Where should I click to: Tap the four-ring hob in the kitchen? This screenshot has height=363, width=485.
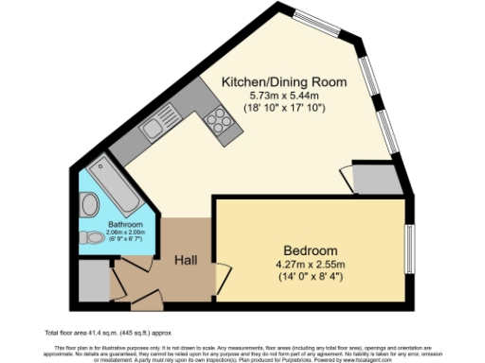click(217, 120)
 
